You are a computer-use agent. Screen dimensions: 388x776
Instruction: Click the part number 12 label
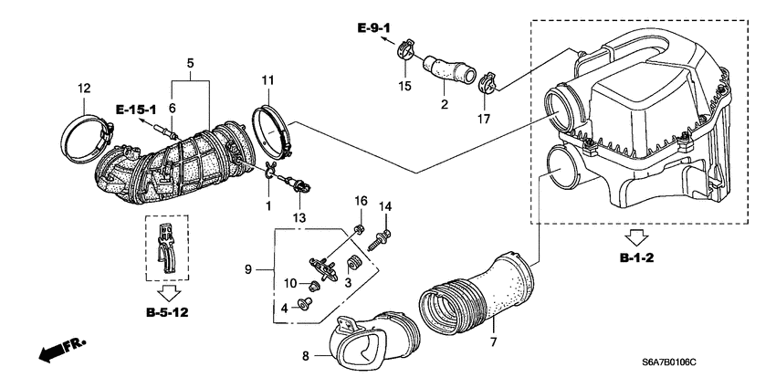(84, 89)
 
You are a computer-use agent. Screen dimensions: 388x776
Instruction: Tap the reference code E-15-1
(136, 110)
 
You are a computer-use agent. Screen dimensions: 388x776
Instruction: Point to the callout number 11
(267, 81)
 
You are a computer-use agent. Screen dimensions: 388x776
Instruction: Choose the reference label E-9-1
(375, 29)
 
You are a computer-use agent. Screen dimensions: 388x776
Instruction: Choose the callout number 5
(189, 63)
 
